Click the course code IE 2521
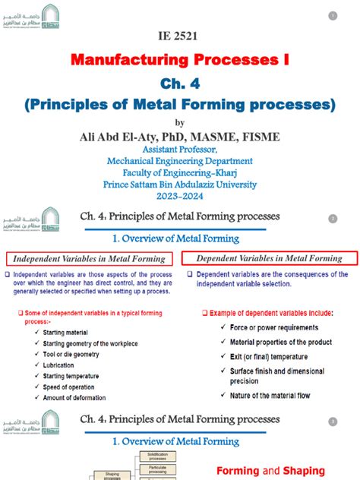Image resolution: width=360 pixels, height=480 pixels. tap(179, 36)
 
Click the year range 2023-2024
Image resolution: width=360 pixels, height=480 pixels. tap(180, 195)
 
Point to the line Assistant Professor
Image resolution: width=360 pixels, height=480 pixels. tap(179, 150)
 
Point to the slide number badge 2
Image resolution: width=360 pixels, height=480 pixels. tap(333, 219)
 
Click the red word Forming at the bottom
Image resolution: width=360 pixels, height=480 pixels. tap(239, 471)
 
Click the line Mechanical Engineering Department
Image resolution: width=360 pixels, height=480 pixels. tap(180, 161)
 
